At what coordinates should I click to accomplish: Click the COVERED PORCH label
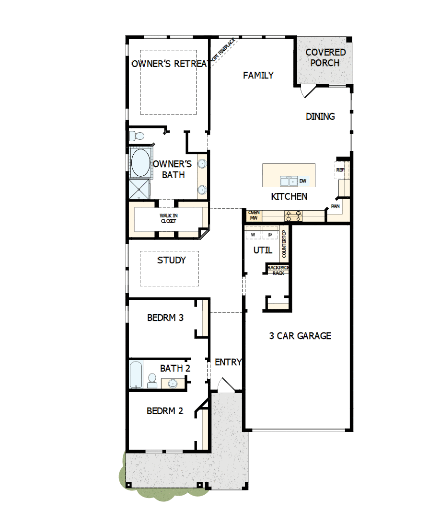click(325, 57)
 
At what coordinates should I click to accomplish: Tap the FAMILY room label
click(258, 75)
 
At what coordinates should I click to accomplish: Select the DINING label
click(320, 116)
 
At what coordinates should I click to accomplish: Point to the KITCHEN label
click(289, 196)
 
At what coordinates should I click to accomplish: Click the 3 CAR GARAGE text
click(300, 336)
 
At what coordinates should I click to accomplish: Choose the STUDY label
click(171, 260)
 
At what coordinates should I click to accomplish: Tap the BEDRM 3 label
click(165, 317)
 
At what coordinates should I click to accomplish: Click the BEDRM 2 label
click(165, 411)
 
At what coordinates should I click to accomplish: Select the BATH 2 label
click(175, 368)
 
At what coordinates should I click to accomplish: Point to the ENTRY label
click(228, 362)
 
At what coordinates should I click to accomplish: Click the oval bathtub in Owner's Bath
click(140, 163)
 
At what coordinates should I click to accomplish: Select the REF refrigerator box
click(340, 170)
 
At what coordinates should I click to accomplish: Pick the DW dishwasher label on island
click(302, 181)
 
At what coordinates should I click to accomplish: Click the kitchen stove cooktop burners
click(293, 216)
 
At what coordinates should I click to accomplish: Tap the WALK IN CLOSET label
click(168, 218)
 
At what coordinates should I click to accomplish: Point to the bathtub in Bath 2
click(136, 374)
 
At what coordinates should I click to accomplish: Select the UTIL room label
click(262, 250)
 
